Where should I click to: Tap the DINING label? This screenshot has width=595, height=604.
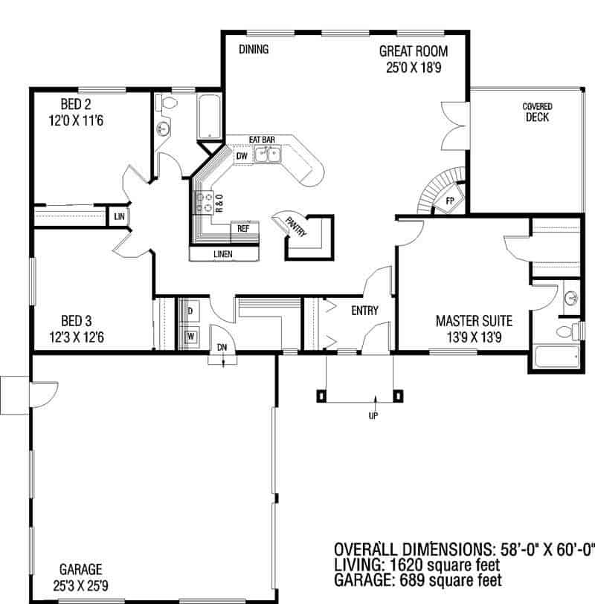tap(254, 50)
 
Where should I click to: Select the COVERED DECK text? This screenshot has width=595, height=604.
tap(536, 112)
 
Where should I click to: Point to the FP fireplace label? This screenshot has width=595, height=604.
tap(449, 201)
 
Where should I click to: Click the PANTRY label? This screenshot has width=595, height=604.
tap(295, 226)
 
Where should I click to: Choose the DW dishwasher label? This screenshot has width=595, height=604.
tap(242, 157)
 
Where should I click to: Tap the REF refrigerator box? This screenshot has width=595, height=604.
tap(243, 229)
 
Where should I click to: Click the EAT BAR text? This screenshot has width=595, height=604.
tap(263, 139)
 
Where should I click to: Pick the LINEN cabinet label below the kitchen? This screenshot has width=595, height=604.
tap(223, 254)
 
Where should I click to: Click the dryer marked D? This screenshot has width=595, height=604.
tap(190, 310)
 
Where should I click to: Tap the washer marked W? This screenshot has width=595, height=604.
tap(190, 337)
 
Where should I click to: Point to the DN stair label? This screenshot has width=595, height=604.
tap(222, 347)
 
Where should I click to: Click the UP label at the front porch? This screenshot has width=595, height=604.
tap(373, 415)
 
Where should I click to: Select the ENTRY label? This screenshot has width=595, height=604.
tap(364, 311)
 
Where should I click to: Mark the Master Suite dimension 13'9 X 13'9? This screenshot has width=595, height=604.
tap(474, 336)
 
